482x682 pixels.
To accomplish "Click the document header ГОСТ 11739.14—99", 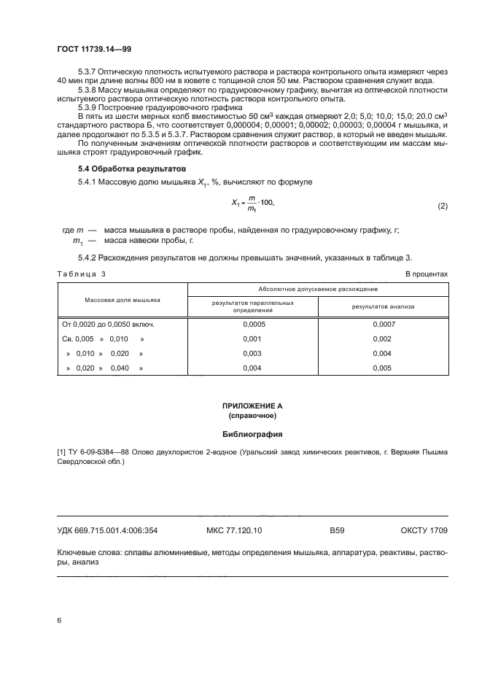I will (x=93, y=50).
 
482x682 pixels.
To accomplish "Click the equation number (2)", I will (x=442, y=206).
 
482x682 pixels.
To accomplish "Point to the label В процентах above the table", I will (x=427, y=274).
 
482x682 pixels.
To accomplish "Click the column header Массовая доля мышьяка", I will (x=122, y=300).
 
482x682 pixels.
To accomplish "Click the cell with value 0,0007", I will (x=382, y=324).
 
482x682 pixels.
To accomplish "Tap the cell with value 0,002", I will (x=382, y=338).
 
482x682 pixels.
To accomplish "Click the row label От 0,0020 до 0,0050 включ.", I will (x=109, y=324).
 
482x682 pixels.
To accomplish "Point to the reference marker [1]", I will (x=61, y=452).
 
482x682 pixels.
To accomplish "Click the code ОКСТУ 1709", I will (x=424, y=530).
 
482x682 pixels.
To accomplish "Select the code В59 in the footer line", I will (x=336, y=530).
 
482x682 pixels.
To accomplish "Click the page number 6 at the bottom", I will (x=59, y=620).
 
